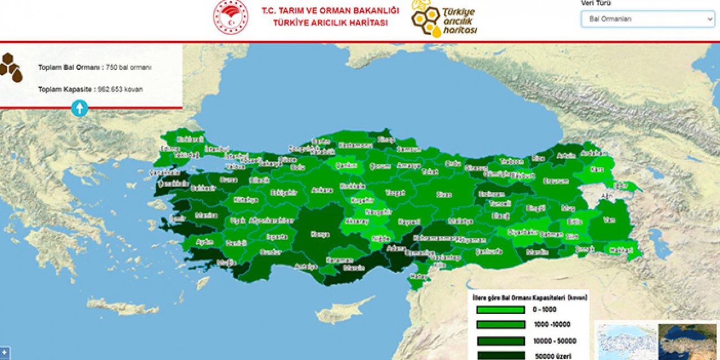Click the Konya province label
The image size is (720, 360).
(x=320, y=235)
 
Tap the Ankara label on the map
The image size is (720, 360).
(x=322, y=190)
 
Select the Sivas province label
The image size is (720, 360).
(x=444, y=195)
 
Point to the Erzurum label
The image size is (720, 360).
(x=556, y=181)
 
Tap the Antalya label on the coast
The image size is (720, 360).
(x=306, y=266)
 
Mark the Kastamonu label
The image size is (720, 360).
(x=355, y=145)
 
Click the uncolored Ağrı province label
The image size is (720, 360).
(x=606, y=196)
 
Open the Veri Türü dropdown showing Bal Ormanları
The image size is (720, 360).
(x=647, y=19)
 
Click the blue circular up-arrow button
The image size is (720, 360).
(x=79, y=108)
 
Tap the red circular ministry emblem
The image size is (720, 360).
(x=231, y=17)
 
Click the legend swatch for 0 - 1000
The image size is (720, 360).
(x=500, y=309)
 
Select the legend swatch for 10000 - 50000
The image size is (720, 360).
(x=500, y=341)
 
